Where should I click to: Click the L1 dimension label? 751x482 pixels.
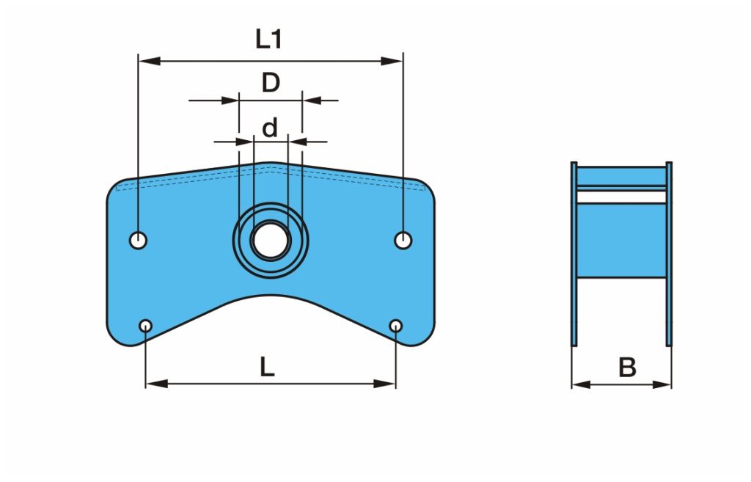click(268, 40)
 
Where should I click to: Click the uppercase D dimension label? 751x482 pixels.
click(271, 83)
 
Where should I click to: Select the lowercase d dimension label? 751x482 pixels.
click(271, 129)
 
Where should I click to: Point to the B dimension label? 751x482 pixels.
click(627, 368)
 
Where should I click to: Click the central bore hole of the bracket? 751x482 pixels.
click(271, 241)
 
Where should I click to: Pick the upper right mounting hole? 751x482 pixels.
click(403, 239)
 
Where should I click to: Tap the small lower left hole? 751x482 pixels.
click(146, 325)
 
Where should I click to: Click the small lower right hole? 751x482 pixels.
click(396, 325)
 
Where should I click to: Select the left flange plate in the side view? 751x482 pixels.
click(574, 254)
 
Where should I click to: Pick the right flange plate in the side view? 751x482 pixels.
click(669, 254)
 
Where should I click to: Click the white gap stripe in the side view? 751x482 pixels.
click(622, 197)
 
